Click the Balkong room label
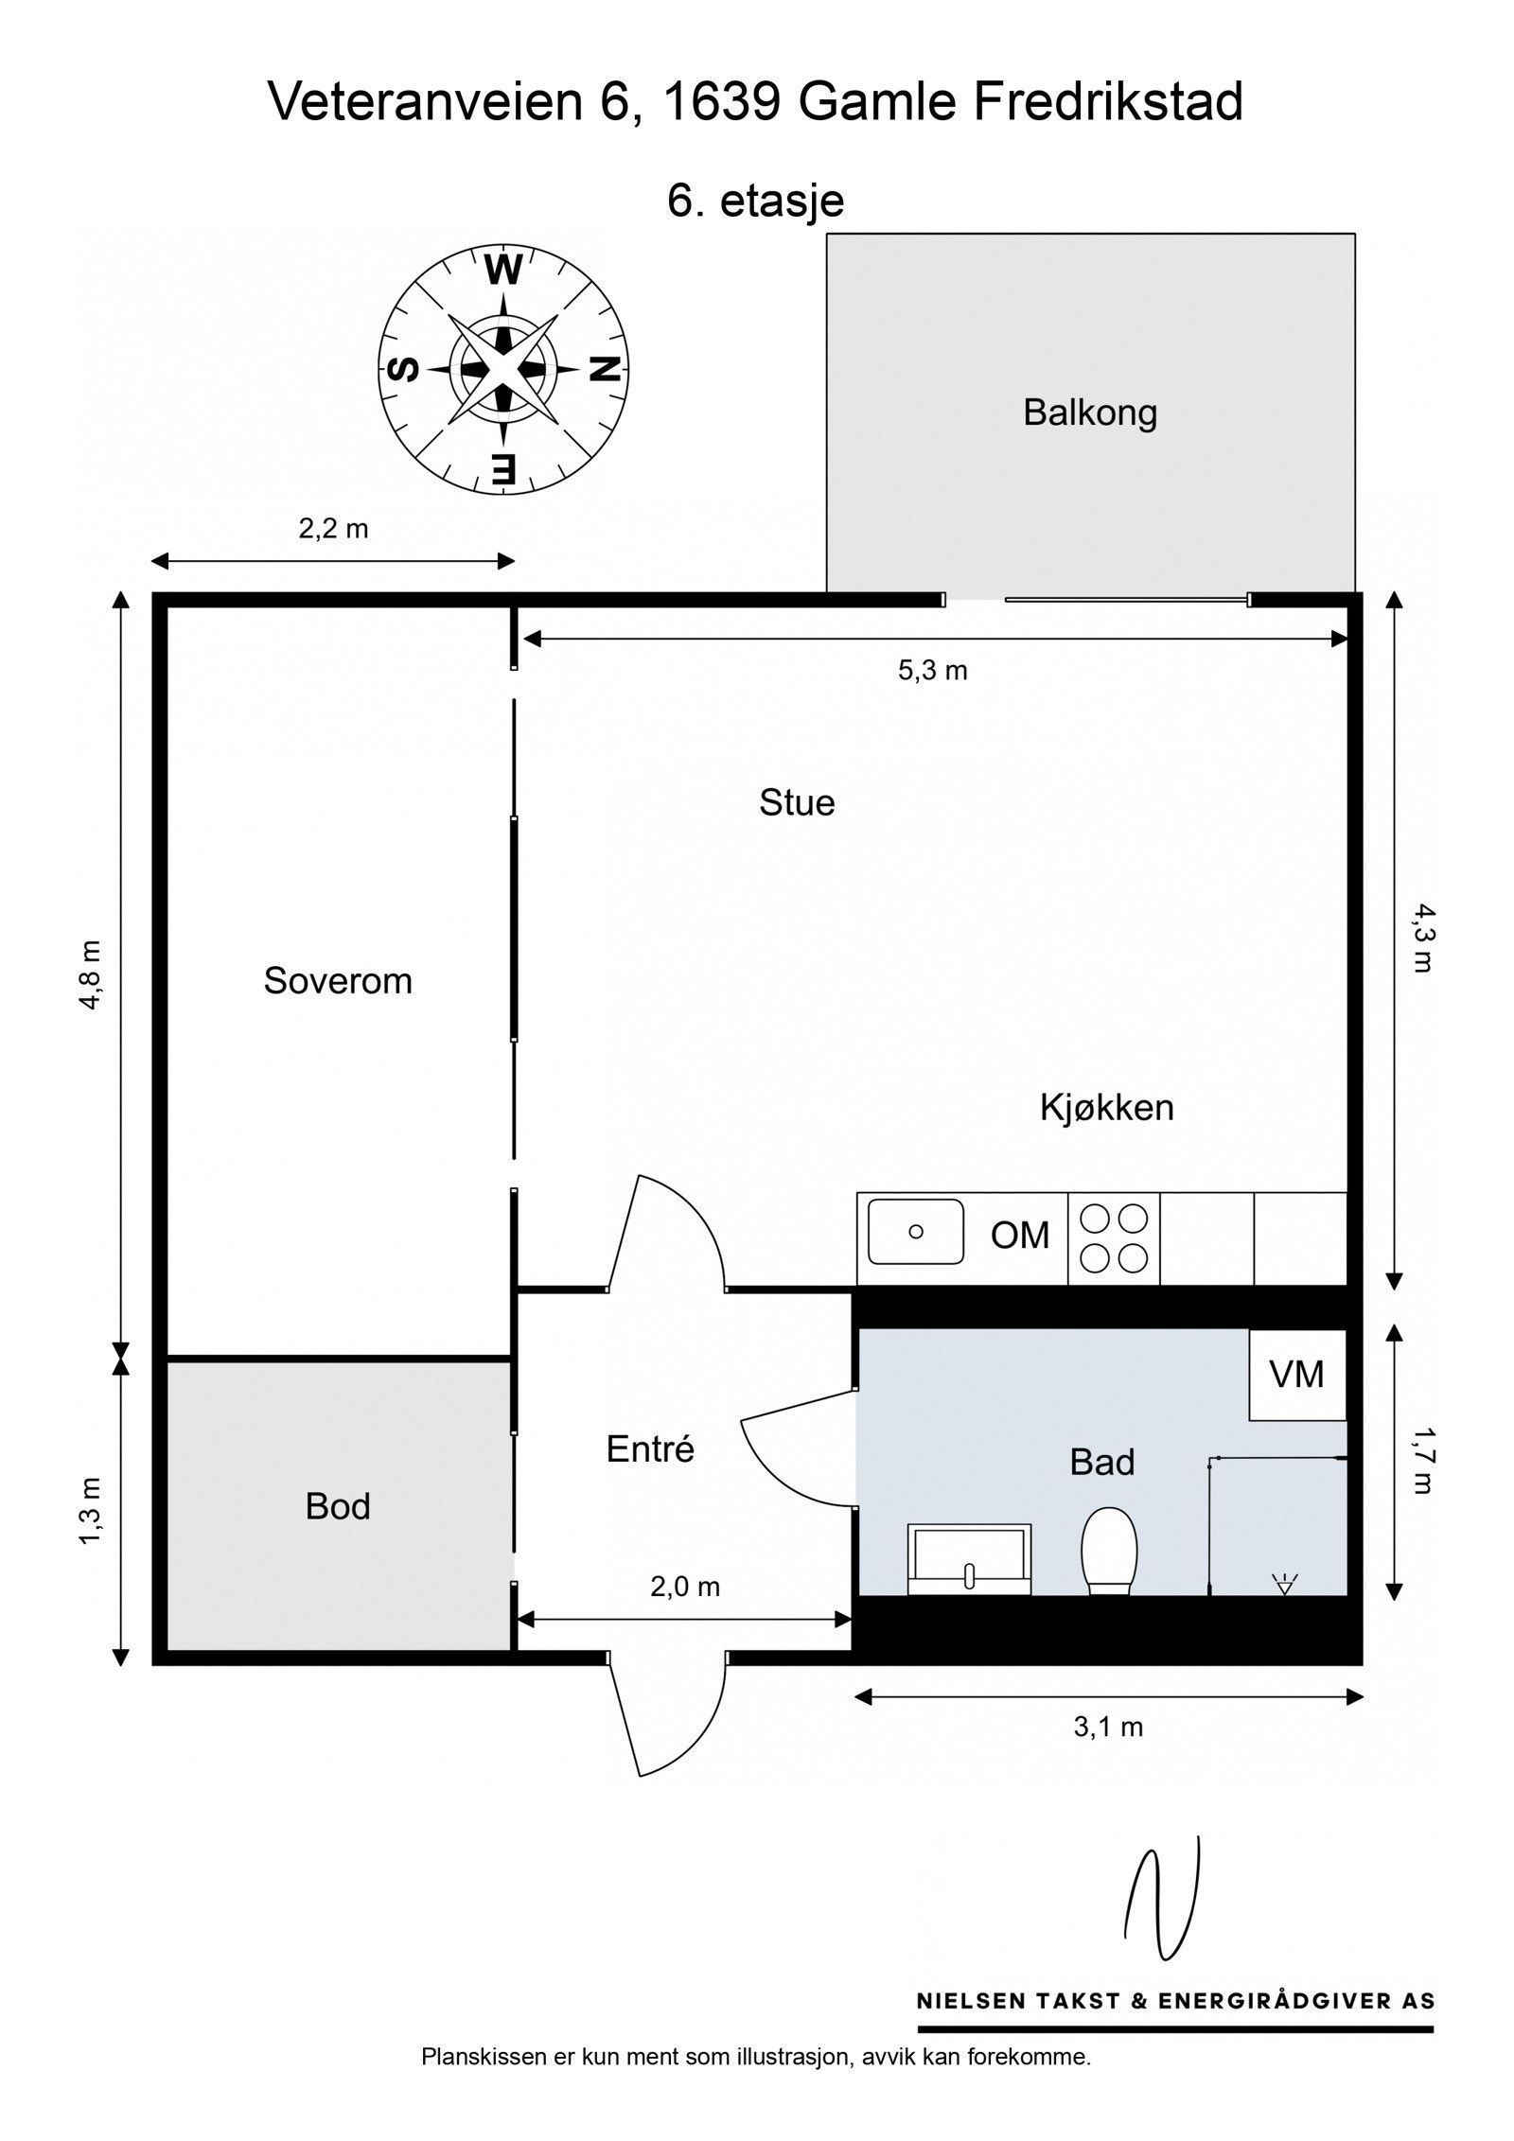point(1090,413)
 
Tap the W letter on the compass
point(503,272)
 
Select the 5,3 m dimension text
point(932,671)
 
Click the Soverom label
point(338,981)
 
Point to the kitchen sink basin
point(915,1232)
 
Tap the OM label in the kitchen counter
point(1020,1236)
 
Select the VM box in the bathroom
point(1296,1374)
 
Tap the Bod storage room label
point(338,1506)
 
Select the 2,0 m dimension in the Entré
point(685,1587)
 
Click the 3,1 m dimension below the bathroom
point(1108,1728)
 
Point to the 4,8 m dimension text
point(93,975)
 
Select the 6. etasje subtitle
point(755,201)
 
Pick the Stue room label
point(797,803)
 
